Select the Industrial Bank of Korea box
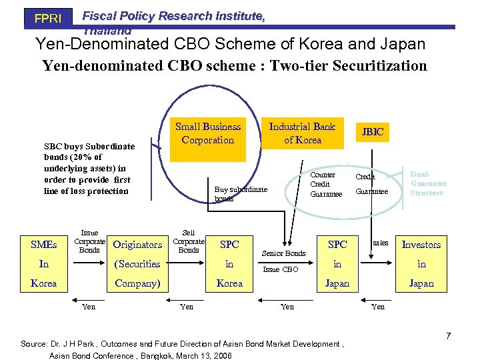302,133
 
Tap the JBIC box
373,132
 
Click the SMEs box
44,245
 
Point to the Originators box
138,245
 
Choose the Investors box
421,245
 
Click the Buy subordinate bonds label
240,193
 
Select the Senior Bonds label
283,253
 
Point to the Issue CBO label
281,269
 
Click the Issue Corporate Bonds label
89,241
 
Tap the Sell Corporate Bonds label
189,241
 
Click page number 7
448,335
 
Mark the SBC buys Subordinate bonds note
89,169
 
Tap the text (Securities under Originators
138,264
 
